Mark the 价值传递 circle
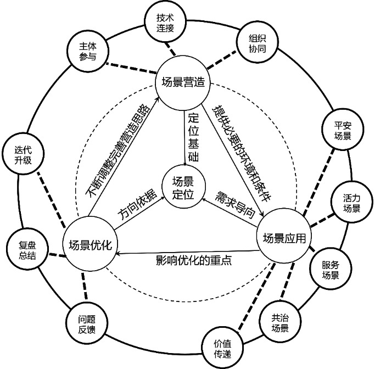[222, 348]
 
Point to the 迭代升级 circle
[24, 155]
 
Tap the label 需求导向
[235, 204]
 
